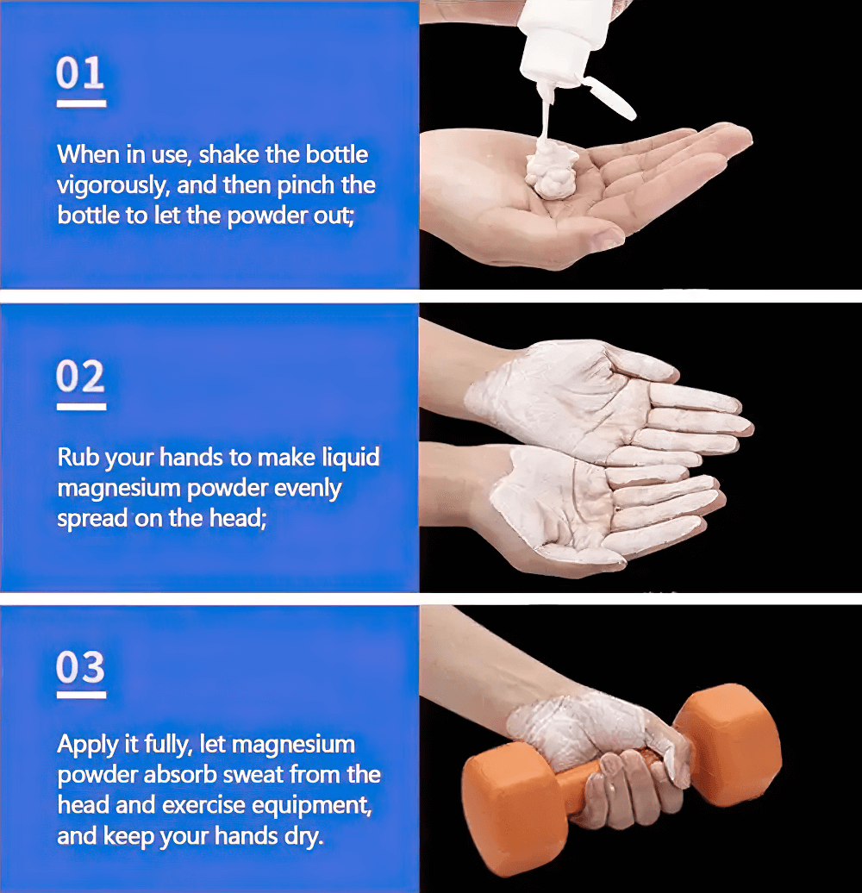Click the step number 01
tap(80, 73)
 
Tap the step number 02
tap(80, 376)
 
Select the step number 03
tap(80, 667)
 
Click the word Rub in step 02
tap(78, 457)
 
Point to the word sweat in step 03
tap(255, 775)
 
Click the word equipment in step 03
tap(312, 806)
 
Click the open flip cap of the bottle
tap(610, 98)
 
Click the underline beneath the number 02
tap(81, 407)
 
